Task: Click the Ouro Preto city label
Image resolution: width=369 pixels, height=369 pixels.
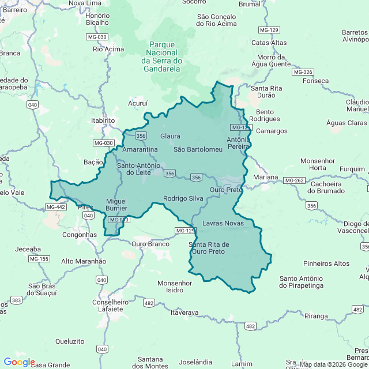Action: pos(226,190)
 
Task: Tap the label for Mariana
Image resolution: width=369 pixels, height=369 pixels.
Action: pos(265,178)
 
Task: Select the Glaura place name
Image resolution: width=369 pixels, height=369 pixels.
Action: pos(170,136)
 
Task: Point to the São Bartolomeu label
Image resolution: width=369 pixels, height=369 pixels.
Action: pos(198,149)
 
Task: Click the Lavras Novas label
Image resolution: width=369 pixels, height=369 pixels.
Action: pos(223,223)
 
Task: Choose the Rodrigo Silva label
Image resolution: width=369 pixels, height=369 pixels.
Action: pos(183,198)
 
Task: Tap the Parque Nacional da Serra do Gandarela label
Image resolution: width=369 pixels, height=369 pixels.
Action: pos(161,57)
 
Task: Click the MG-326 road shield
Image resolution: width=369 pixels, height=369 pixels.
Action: pos(303,72)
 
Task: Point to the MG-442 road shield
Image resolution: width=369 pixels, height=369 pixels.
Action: pos(56,207)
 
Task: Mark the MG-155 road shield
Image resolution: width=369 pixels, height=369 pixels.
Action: pos(39,259)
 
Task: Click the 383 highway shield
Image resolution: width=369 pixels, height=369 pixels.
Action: pos(16,300)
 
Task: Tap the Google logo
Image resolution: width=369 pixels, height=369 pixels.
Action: pos(18,362)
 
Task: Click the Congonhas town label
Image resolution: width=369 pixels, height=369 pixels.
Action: pos(79,235)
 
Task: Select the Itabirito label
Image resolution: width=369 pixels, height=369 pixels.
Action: pos(103,121)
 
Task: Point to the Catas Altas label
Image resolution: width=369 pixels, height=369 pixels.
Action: pos(269,42)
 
